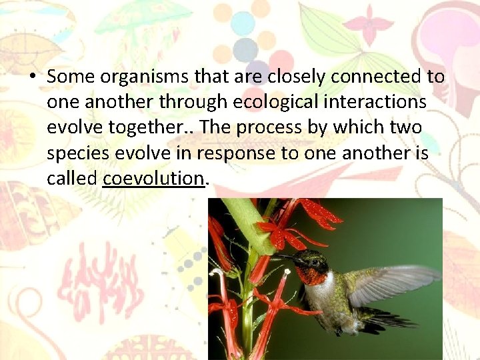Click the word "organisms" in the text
(127, 77)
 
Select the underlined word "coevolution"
(153, 178)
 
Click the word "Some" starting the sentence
(66, 77)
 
